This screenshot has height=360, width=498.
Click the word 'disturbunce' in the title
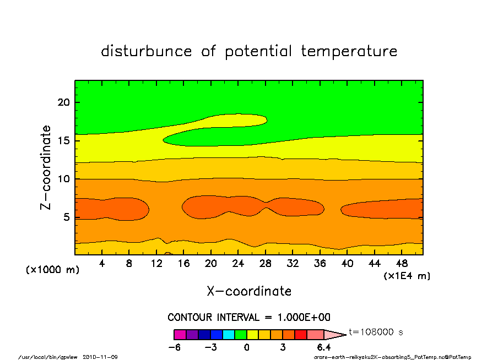[147, 51]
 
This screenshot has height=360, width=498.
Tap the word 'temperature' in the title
[349, 51]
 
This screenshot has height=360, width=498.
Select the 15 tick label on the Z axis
[63, 140]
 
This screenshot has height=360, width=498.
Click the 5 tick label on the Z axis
[66, 217]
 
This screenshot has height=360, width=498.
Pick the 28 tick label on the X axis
[266, 264]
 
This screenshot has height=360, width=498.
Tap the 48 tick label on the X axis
[402, 264]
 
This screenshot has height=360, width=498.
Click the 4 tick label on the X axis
[101, 264]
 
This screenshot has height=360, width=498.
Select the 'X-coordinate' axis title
[249, 291]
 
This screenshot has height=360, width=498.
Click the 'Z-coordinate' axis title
[46, 167]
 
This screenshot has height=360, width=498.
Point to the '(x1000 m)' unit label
[52, 270]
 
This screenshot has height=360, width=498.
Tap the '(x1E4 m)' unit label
[407, 276]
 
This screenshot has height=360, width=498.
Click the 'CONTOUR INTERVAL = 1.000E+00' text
[249, 318]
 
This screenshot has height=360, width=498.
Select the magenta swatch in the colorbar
[180, 335]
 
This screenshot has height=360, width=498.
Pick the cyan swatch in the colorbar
[229, 335]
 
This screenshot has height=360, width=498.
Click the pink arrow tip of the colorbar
[346, 335]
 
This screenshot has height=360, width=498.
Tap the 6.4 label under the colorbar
[323, 347]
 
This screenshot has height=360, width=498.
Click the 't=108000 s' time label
[376, 332]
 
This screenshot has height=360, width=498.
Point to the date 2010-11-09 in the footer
[100, 357]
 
